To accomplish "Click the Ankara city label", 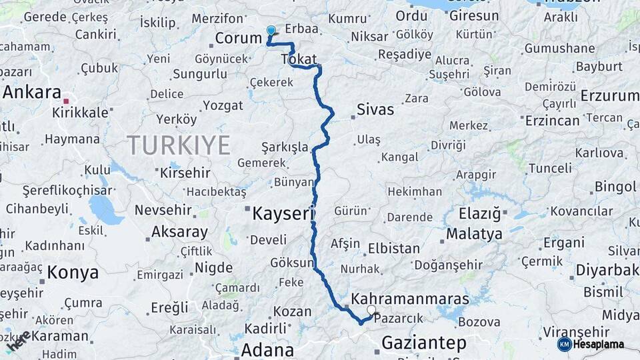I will click(x=32, y=93).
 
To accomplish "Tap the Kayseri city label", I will click(x=283, y=214).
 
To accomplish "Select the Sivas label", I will click(x=375, y=109).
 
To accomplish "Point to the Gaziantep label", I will click(x=423, y=343).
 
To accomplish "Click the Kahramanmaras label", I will click(x=410, y=298).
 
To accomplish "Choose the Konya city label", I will click(x=73, y=273).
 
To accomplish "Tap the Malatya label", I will click(x=474, y=234).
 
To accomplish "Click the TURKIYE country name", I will click(x=179, y=145).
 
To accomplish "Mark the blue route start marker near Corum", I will click(x=271, y=31).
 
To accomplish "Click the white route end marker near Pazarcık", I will click(x=372, y=310).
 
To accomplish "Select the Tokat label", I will click(x=299, y=59).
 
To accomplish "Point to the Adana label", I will click(x=267, y=349).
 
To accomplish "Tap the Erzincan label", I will click(x=552, y=121).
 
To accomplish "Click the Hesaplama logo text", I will click(x=599, y=344).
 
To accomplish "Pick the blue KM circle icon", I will click(x=565, y=344).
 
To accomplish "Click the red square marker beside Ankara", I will click(x=66, y=101).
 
